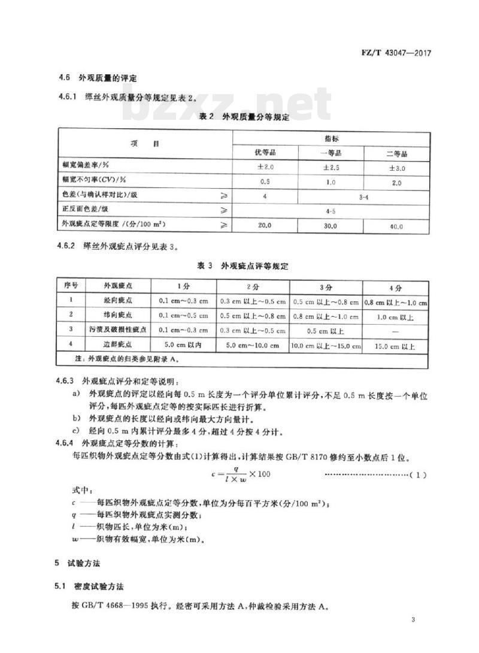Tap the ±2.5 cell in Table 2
coord(331,168)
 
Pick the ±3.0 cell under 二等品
coord(396,168)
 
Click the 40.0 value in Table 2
coord(396,226)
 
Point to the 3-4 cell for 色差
coord(363,196)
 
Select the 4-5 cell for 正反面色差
coord(331,211)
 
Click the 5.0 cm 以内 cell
coord(183,346)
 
